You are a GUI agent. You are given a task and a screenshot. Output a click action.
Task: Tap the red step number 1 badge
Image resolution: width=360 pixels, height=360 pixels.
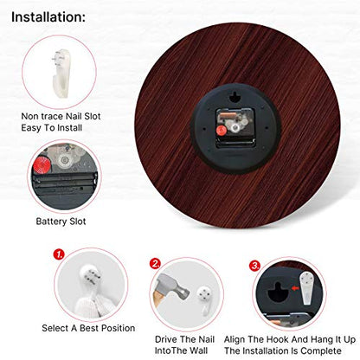59,254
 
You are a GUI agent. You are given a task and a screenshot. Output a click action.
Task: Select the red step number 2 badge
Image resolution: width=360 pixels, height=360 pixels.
156,264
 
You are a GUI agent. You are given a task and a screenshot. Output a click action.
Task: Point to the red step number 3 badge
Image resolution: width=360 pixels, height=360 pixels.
254,266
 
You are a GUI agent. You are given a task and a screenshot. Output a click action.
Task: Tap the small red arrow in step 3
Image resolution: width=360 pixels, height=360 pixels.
294,288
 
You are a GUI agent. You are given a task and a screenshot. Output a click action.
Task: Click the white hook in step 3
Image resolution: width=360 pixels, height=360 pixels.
306,288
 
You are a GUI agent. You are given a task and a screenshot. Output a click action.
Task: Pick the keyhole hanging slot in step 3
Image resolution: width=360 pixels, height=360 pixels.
278,292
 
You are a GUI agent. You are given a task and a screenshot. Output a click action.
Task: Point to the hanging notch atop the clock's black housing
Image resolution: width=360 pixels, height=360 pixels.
235,97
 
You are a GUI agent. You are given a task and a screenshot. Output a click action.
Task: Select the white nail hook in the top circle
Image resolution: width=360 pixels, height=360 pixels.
61,73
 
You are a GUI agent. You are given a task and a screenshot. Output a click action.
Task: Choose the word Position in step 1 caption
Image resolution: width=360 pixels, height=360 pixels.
119,328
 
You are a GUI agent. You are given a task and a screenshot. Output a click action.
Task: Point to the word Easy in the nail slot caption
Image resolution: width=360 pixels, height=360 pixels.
31,128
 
